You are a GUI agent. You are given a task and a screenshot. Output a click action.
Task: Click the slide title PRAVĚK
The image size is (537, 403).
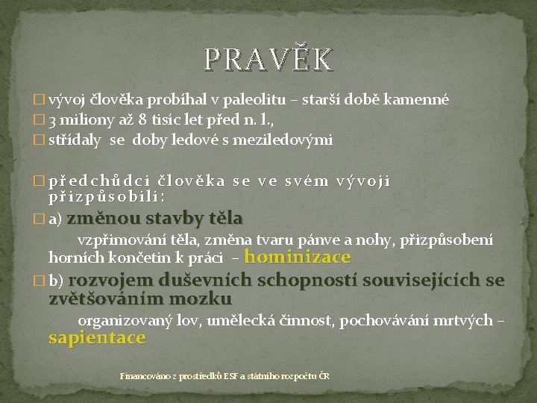point(268,59)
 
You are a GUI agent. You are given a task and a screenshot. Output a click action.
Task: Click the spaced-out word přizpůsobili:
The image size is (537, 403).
point(106,196)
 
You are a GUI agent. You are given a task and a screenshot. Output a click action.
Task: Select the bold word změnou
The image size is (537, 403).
point(102,219)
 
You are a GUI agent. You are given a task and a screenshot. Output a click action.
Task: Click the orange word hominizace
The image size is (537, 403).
point(297,257)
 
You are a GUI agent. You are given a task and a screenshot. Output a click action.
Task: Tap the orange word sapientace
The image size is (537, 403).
point(97,337)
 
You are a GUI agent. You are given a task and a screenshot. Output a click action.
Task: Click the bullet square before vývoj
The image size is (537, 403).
point(40,99)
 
